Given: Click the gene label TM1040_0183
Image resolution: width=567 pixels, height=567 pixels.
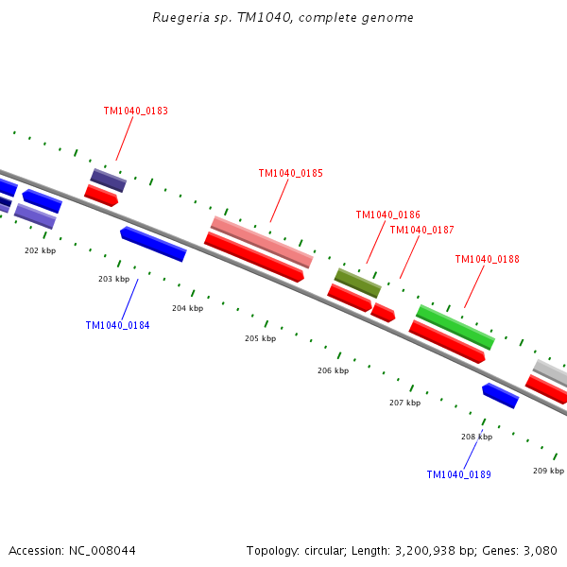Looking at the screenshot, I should click(x=136, y=111).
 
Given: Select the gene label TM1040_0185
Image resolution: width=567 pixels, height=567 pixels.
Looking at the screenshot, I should click(x=291, y=173).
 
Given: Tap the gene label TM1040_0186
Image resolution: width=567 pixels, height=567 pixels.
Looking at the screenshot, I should click(x=388, y=215).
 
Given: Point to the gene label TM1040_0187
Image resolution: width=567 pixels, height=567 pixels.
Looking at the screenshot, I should click(x=422, y=230).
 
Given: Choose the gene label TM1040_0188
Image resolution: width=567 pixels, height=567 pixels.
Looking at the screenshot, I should click(x=488, y=259).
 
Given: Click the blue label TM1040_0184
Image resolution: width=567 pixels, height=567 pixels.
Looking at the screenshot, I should click(x=118, y=325).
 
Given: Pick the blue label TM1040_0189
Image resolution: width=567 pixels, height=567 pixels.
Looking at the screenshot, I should click(x=459, y=474).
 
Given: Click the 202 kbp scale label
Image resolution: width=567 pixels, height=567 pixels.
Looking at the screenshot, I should click(x=40, y=250).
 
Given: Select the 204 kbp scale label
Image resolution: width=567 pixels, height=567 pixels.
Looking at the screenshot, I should click(x=187, y=308).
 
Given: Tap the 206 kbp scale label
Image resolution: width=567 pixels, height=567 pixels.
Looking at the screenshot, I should click(x=333, y=370).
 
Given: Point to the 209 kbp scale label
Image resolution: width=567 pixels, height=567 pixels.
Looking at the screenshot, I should click(x=548, y=471).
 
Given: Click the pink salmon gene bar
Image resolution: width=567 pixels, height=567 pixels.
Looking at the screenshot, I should click(x=262, y=242).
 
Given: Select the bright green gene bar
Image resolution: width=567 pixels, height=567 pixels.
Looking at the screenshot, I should click(x=455, y=326).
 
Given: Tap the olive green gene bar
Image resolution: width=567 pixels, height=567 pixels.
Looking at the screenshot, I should click(x=358, y=283).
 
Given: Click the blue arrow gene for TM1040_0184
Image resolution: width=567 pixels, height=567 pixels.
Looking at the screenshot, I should click(x=153, y=244).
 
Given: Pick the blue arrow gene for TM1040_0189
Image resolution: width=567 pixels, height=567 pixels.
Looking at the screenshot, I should click(x=500, y=395).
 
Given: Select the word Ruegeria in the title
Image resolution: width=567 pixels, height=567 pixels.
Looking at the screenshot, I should click(x=180, y=18).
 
